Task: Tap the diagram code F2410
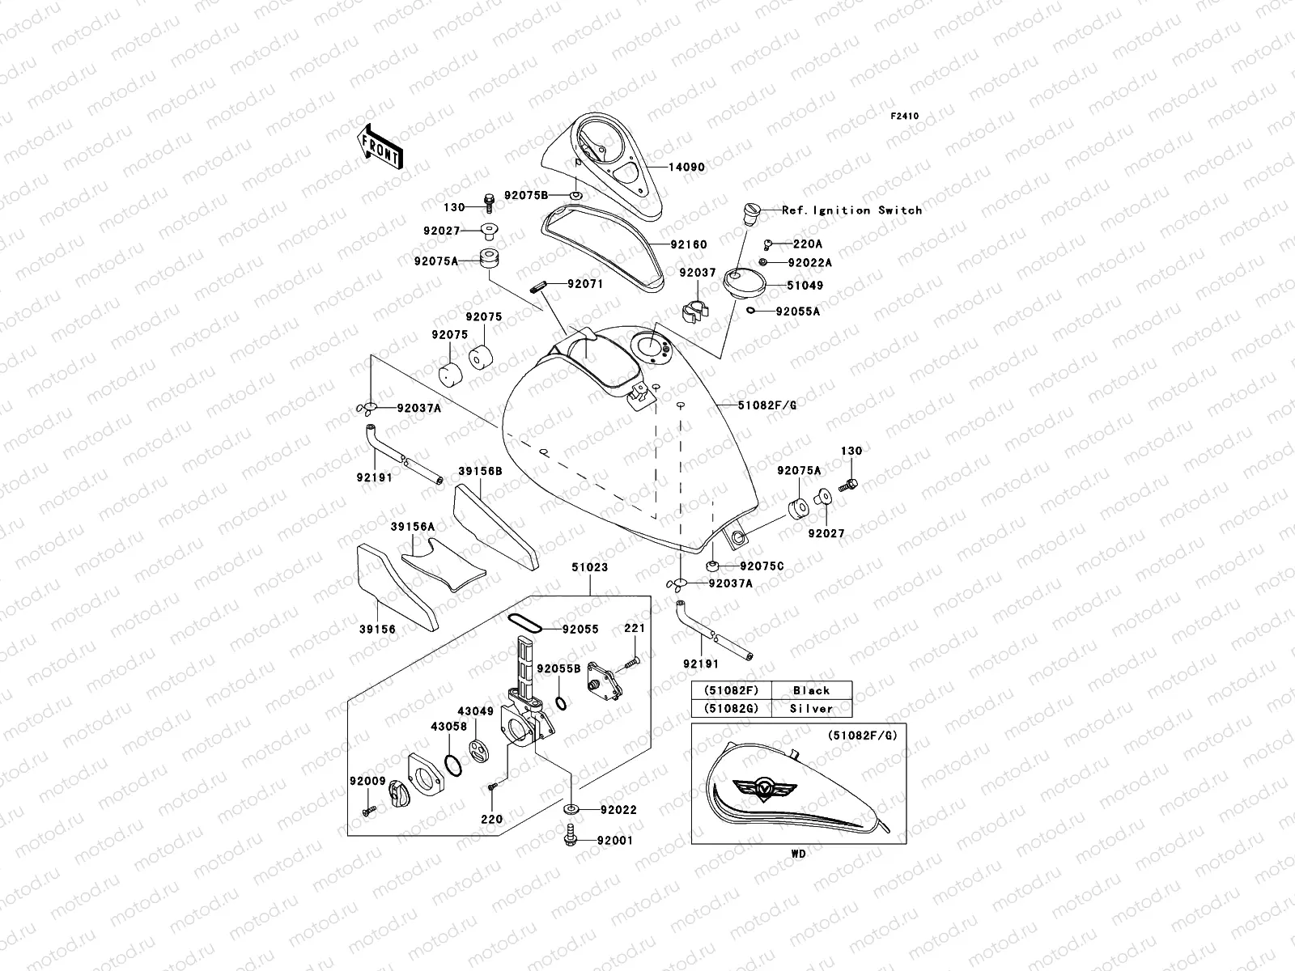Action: pyautogui.click(x=905, y=117)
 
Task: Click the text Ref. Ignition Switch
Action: pyautogui.click(x=851, y=210)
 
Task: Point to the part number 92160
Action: pyautogui.click(x=689, y=244)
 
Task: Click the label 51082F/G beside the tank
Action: pyautogui.click(x=767, y=405)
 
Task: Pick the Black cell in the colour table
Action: pyautogui.click(x=812, y=690)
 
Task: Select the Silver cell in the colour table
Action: pyautogui.click(x=812, y=709)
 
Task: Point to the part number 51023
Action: pyautogui.click(x=589, y=568)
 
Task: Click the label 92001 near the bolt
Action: pyautogui.click(x=615, y=841)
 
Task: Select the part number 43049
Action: pyautogui.click(x=476, y=710)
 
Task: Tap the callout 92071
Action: pyautogui.click(x=585, y=285)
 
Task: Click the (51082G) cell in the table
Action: pyautogui.click(x=730, y=709)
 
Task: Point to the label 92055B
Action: pyautogui.click(x=558, y=669)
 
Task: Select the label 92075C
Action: pyautogui.click(x=762, y=566)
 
